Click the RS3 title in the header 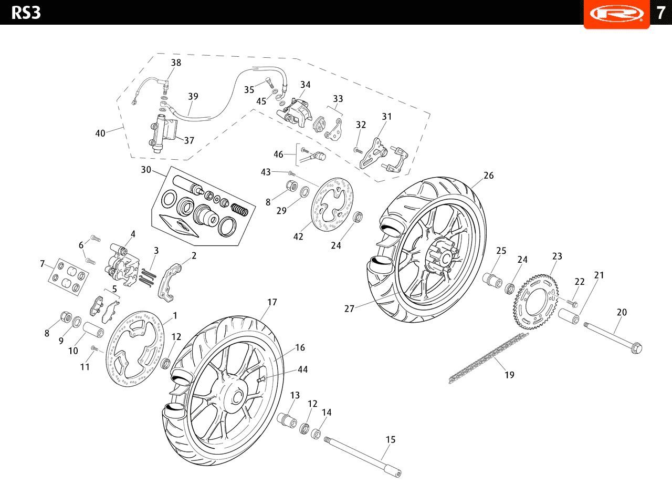(x=26, y=13)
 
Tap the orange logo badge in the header (x=617, y=14)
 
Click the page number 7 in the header (x=660, y=13)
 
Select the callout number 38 (x=176, y=63)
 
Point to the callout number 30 (x=146, y=170)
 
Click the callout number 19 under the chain (x=509, y=375)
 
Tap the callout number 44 (x=303, y=369)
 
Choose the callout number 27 (x=349, y=308)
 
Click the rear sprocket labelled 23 (x=536, y=302)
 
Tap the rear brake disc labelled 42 (x=332, y=209)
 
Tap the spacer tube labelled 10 (x=93, y=330)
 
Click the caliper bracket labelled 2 (x=169, y=282)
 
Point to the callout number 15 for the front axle (x=390, y=439)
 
